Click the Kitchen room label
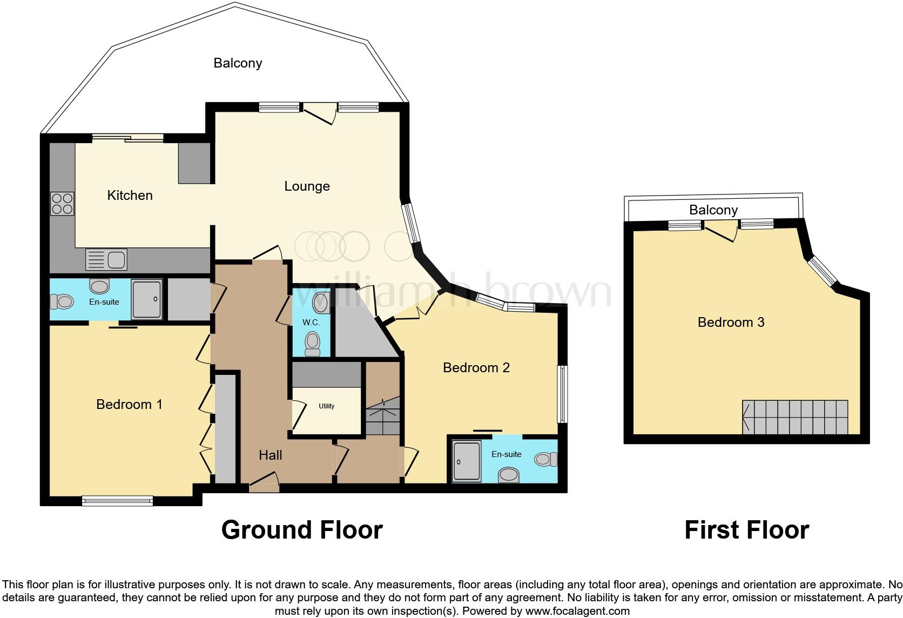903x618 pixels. pyautogui.click(x=130, y=195)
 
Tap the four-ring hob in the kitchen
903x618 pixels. pyautogui.click(x=62, y=204)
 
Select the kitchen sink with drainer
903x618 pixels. pyautogui.click(x=106, y=260)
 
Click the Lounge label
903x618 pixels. pyautogui.click(x=307, y=186)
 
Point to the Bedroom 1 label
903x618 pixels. pyautogui.click(x=129, y=404)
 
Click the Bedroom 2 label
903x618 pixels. pyautogui.click(x=476, y=368)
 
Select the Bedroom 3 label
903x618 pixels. pyautogui.click(x=731, y=323)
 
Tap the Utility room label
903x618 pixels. pyautogui.click(x=326, y=406)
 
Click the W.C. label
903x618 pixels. pyautogui.click(x=311, y=323)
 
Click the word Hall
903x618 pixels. pyautogui.click(x=270, y=455)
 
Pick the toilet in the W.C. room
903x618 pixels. pyautogui.click(x=312, y=344)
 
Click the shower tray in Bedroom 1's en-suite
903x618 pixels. pyautogui.click(x=147, y=299)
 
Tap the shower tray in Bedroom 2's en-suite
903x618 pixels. pyautogui.click(x=466, y=461)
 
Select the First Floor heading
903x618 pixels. pyautogui.click(x=746, y=530)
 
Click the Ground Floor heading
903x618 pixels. pyautogui.click(x=302, y=530)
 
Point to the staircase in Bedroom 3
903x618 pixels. pyautogui.click(x=794, y=417)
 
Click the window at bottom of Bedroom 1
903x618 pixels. pyautogui.click(x=117, y=501)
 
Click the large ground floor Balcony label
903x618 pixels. pyautogui.click(x=238, y=63)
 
